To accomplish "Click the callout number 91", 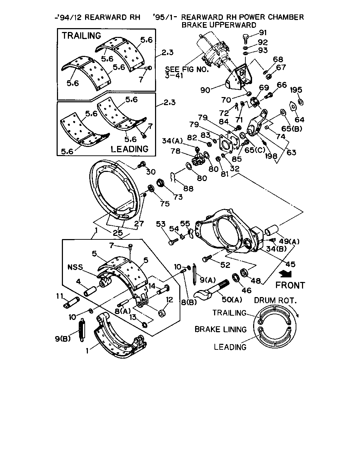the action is click(263, 33).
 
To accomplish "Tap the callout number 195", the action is click(296, 90).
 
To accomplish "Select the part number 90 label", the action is click(205, 90).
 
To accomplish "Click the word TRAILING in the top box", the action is click(81, 36).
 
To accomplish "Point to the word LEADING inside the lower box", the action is click(129, 149).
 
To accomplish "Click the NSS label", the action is click(75, 267).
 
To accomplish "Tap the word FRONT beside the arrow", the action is click(290, 285).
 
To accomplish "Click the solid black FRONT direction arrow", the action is click(286, 274).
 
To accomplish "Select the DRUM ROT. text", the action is click(275, 301).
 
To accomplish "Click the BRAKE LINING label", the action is click(221, 329).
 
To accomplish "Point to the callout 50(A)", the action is click(232, 300).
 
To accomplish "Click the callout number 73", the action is click(178, 197).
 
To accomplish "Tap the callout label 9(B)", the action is click(63, 339).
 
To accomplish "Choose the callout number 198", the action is click(271, 156).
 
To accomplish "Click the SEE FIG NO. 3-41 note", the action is click(187, 72).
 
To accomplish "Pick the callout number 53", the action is click(161, 224).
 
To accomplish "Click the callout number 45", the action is click(290, 264).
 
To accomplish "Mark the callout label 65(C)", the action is click(255, 150).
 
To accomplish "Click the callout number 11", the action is click(60, 296).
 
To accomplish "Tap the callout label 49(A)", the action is click(289, 242).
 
